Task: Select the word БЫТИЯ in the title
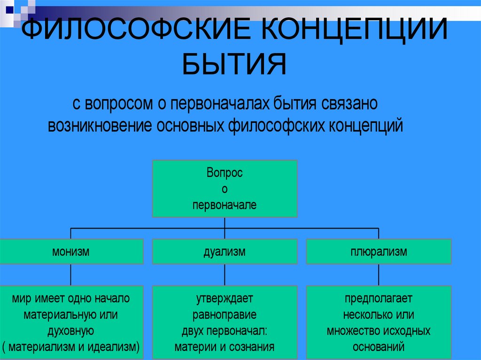click(234, 65)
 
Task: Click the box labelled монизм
click(71, 252)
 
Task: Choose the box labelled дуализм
click(225, 252)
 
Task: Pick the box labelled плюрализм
click(379, 252)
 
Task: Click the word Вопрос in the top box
click(225, 173)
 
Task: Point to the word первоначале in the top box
click(225, 205)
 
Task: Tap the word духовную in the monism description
click(71, 331)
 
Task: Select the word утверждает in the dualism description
click(225, 299)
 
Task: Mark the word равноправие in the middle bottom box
click(225, 314)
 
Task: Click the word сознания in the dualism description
click(253, 347)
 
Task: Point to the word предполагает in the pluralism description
click(379, 299)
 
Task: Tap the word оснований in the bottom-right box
click(379, 347)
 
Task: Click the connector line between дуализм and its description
click(225, 275)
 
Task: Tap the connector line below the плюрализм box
click(379, 275)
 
